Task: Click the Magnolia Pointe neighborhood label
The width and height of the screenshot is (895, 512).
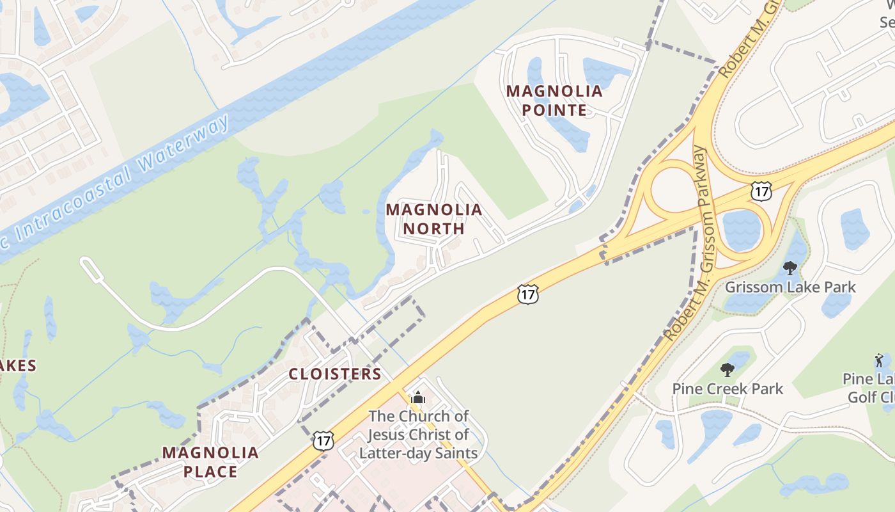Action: pyautogui.click(x=554, y=100)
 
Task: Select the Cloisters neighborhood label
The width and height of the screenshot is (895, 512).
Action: pyautogui.click(x=335, y=374)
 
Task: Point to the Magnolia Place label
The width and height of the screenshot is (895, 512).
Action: pyautogui.click(x=210, y=462)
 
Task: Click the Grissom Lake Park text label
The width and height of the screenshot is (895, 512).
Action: pyautogui.click(x=790, y=287)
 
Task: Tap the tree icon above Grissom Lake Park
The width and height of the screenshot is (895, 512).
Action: pyautogui.click(x=790, y=268)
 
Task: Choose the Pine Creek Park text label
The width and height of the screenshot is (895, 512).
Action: pyautogui.click(x=728, y=388)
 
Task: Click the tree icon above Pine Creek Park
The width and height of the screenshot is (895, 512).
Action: pyautogui.click(x=727, y=369)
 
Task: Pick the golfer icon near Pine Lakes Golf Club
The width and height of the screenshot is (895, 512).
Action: pyautogui.click(x=879, y=360)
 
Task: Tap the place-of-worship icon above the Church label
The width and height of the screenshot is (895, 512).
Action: pyautogui.click(x=418, y=397)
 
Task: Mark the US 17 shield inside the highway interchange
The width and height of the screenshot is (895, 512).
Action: pyautogui.click(x=761, y=191)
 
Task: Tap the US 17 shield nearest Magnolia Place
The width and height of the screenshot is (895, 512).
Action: pyautogui.click(x=323, y=440)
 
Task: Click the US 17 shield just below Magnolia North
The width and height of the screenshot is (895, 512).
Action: pyautogui.click(x=528, y=294)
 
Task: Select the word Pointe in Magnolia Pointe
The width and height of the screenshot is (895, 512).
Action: pyautogui.click(x=554, y=110)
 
